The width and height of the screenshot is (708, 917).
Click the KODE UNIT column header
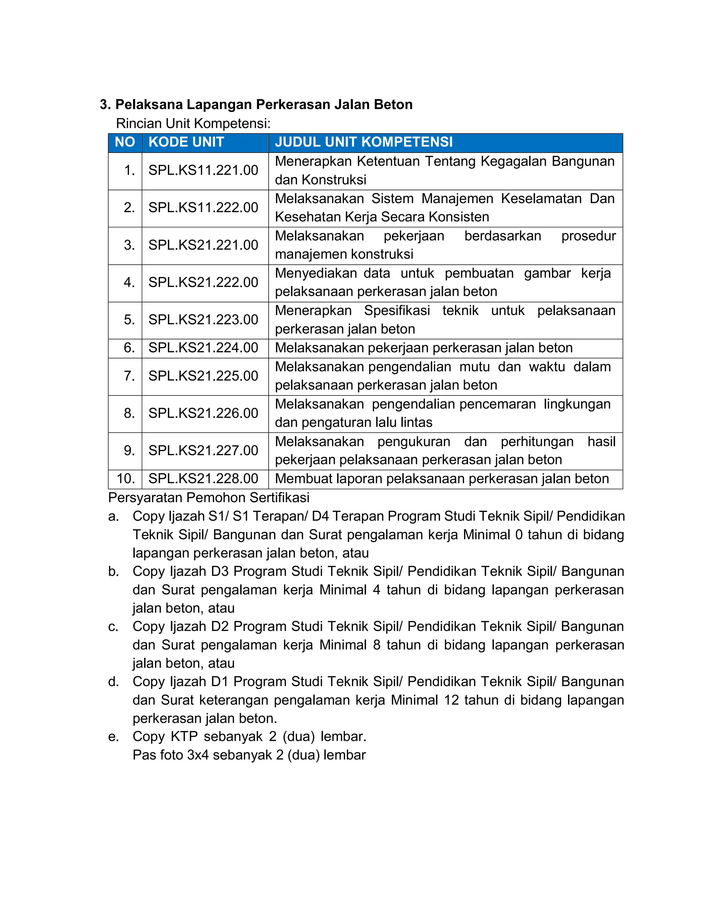coord(186,142)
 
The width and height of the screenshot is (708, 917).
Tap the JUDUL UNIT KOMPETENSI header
coord(364,142)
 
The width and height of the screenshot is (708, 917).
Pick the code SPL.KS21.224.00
coord(203,348)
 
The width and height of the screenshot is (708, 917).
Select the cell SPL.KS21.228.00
coord(203,479)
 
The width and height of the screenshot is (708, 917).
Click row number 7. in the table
coord(129,376)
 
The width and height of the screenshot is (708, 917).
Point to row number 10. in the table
coord(126,479)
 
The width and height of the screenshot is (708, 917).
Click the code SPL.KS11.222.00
coord(203,207)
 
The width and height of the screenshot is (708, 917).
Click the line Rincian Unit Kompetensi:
coord(193,124)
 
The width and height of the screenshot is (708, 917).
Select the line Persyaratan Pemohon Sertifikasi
coord(208,498)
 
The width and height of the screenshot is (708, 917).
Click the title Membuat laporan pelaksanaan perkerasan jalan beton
coord(442,479)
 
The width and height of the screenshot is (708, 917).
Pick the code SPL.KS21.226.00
coord(203,413)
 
